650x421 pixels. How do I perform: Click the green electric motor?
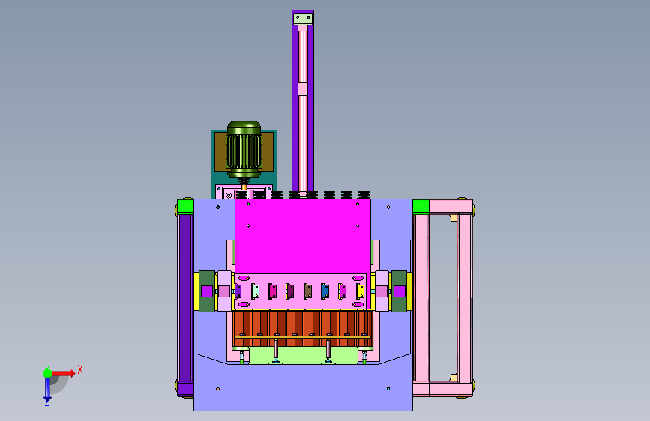(244, 149)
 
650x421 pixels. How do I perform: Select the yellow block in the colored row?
(360, 291)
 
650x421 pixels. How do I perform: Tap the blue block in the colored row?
(325, 291)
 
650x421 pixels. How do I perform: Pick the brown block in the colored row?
(307, 291)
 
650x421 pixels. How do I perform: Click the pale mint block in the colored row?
(256, 291)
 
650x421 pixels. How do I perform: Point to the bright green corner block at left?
(185, 207)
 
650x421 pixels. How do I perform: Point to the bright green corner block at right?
(421, 207)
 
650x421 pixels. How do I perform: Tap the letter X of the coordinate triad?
(80, 369)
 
